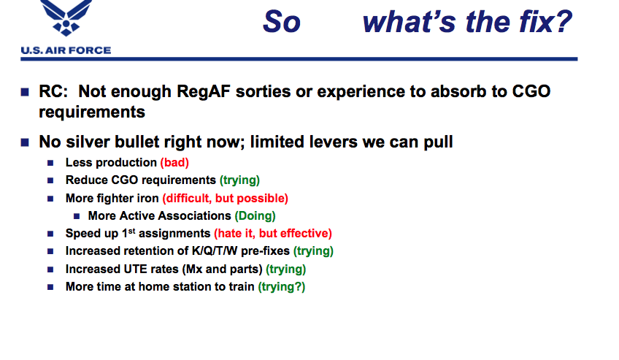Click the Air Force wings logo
pyautogui.click(x=66, y=18)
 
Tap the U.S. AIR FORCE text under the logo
pyautogui.click(x=66, y=50)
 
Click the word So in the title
pyautogui.click(x=282, y=22)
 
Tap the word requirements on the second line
pyautogui.click(x=92, y=112)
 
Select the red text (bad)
pyautogui.click(x=174, y=163)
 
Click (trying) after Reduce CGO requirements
pyautogui.click(x=239, y=180)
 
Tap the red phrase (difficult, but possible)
pyautogui.click(x=226, y=198)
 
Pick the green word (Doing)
pyautogui.click(x=255, y=216)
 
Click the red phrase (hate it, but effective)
pyautogui.click(x=273, y=233)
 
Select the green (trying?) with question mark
pyautogui.click(x=282, y=287)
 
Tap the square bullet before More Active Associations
pyautogui.click(x=77, y=216)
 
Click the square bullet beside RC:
pyautogui.click(x=25, y=92)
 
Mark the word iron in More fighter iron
pyautogui.click(x=147, y=198)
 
